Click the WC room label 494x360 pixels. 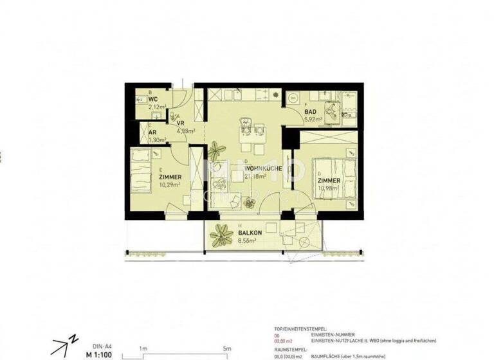(x=153, y=100)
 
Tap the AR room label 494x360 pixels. (x=152, y=132)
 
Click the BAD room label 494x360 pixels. (x=310, y=111)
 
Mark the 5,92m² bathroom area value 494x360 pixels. (x=313, y=119)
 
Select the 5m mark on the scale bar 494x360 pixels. (x=226, y=348)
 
